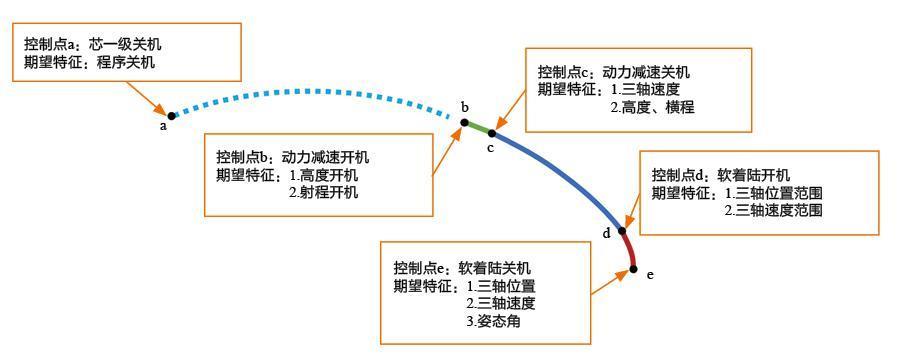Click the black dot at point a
pos(171,116)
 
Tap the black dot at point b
pos(465,122)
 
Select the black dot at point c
pos(491,133)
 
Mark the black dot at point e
pos(634,268)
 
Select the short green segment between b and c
pos(478,127)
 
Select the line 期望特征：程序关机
pos(90,62)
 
